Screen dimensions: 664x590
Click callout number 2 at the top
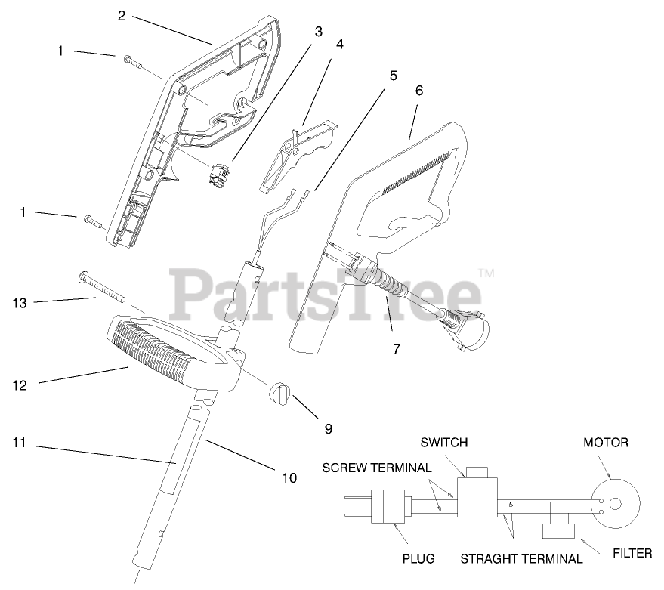[x=122, y=15]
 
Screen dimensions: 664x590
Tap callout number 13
[x=20, y=303]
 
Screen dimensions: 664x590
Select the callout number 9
[x=328, y=428]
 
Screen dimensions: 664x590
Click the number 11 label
[x=20, y=443]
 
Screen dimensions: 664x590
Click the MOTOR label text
[x=606, y=442]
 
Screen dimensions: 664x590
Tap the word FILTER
[x=632, y=554]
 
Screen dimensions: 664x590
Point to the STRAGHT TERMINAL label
[x=521, y=559]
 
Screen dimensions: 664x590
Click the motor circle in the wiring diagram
[x=613, y=503]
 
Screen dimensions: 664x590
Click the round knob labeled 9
[x=279, y=395]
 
